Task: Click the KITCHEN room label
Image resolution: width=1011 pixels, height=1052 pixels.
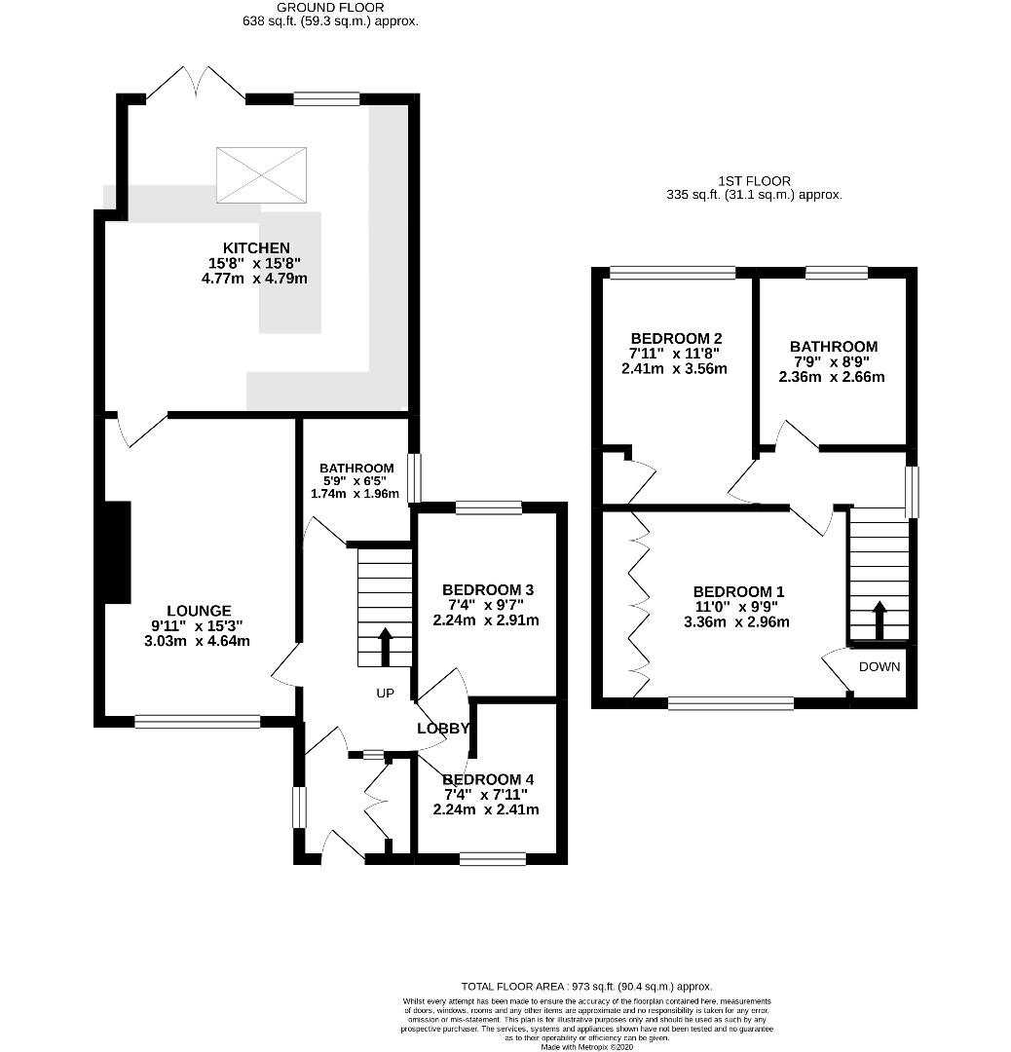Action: point(256,248)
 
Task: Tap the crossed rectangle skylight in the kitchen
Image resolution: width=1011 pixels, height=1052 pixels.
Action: point(261,174)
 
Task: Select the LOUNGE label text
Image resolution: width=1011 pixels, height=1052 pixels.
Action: point(200,611)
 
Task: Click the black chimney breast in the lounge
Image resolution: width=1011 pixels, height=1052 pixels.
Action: point(118,552)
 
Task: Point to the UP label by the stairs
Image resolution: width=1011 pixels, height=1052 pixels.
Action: point(385,694)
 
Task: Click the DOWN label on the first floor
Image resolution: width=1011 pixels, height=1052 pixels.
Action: point(880,667)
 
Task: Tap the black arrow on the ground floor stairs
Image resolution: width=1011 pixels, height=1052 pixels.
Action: point(385,647)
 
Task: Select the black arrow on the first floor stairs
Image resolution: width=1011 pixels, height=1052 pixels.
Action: point(879,620)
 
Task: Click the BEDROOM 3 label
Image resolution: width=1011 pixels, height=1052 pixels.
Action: point(488,589)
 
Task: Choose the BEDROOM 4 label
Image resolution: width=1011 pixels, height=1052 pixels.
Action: point(488,779)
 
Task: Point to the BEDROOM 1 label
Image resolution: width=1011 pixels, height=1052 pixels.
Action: point(738,592)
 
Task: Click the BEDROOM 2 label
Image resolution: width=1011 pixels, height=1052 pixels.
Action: point(676,339)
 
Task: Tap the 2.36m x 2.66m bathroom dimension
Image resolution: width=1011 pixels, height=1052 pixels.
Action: point(832,377)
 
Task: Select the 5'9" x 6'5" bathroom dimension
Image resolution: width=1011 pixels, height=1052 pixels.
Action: point(356,481)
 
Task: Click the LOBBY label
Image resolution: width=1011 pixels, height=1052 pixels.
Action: point(443,729)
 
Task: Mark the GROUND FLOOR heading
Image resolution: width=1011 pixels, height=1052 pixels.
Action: point(331,8)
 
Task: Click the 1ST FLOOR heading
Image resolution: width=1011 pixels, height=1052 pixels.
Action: point(754,181)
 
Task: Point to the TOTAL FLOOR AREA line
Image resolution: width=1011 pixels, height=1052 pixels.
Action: point(586,986)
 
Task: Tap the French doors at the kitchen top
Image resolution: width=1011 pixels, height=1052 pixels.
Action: point(196,85)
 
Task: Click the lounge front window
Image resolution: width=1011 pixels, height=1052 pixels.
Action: point(198,721)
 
